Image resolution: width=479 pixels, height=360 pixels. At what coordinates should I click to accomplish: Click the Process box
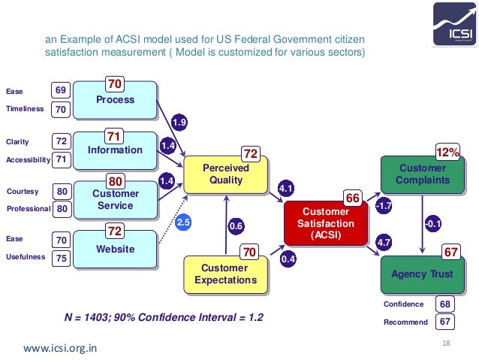(116, 100)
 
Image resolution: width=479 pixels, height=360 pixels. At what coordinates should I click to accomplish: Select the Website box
(116, 250)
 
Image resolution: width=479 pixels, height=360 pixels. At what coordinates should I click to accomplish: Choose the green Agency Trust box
(422, 274)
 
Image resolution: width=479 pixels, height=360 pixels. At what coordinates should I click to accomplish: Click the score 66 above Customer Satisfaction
(353, 198)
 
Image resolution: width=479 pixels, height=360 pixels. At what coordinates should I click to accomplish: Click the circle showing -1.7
(384, 205)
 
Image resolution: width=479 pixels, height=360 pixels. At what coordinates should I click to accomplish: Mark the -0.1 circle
(432, 223)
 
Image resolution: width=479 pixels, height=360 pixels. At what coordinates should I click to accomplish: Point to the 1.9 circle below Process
(179, 123)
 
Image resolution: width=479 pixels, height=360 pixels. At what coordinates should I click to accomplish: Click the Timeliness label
(25, 109)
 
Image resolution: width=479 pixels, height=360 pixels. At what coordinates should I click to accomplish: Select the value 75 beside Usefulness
(62, 258)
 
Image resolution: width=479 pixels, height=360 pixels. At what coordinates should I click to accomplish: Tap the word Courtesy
(22, 191)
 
